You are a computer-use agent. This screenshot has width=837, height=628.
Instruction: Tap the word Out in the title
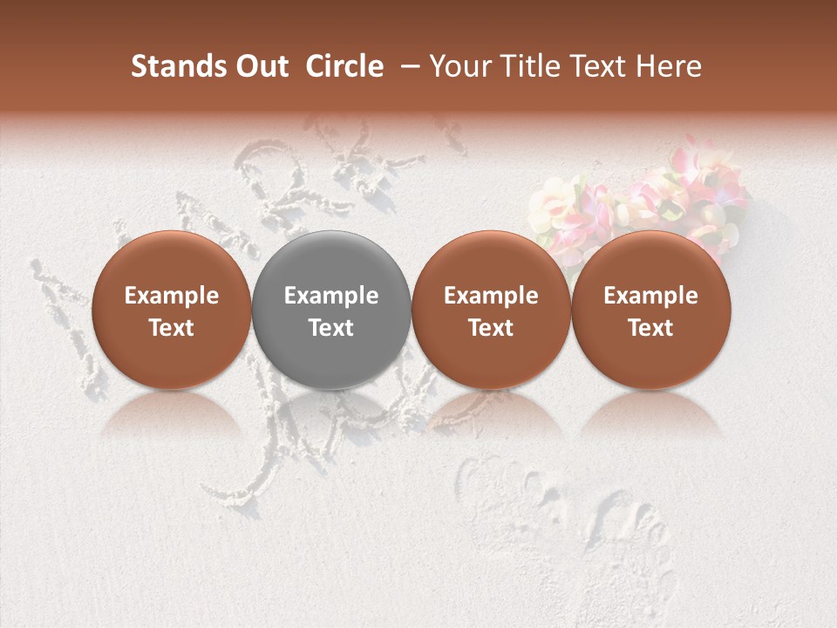pyautogui.click(x=261, y=67)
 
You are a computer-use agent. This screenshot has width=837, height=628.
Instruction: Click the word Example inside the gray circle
pyautogui.click(x=331, y=296)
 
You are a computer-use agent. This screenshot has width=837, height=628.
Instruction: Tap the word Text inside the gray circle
pyautogui.click(x=331, y=328)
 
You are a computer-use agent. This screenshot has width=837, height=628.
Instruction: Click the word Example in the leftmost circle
pyautogui.click(x=171, y=296)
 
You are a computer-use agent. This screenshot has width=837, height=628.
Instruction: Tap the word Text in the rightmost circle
pyautogui.click(x=651, y=328)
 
